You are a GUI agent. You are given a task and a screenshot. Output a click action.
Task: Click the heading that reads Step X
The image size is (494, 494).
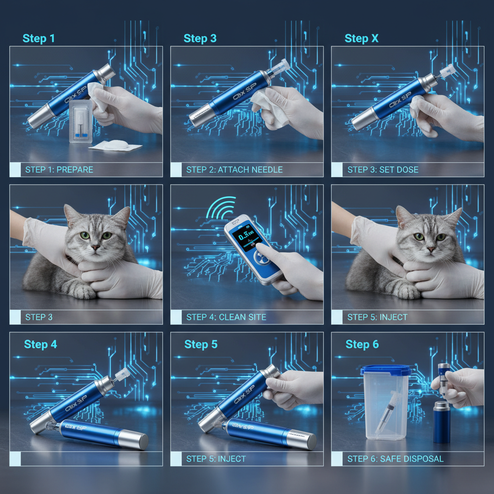(x=361, y=39)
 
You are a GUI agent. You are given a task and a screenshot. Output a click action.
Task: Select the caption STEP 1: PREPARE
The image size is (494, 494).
(x=59, y=170)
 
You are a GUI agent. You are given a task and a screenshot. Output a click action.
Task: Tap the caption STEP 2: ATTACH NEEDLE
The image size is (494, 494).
(x=234, y=170)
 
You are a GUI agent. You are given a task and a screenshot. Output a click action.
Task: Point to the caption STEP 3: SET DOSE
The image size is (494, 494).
(x=383, y=170)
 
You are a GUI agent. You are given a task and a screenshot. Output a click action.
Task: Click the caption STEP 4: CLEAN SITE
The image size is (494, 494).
(x=226, y=317)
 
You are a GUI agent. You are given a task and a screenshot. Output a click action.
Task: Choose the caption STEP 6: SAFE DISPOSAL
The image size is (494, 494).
(x=395, y=459)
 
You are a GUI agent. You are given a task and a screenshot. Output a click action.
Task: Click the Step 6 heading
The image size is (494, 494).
(x=362, y=344)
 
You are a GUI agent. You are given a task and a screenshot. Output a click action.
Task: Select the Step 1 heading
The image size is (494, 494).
(x=39, y=39)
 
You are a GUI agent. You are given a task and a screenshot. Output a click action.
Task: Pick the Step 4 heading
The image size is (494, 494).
(x=41, y=344)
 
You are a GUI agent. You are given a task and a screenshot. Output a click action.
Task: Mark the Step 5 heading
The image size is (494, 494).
(x=201, y=344)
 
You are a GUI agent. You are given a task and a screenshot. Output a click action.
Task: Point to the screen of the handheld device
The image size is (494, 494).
(x=245, y=238)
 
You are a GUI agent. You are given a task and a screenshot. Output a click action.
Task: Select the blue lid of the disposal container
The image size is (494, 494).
(x=385, y=370)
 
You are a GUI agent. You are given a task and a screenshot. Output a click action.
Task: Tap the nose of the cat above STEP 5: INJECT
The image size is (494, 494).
(x=427, y=249)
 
